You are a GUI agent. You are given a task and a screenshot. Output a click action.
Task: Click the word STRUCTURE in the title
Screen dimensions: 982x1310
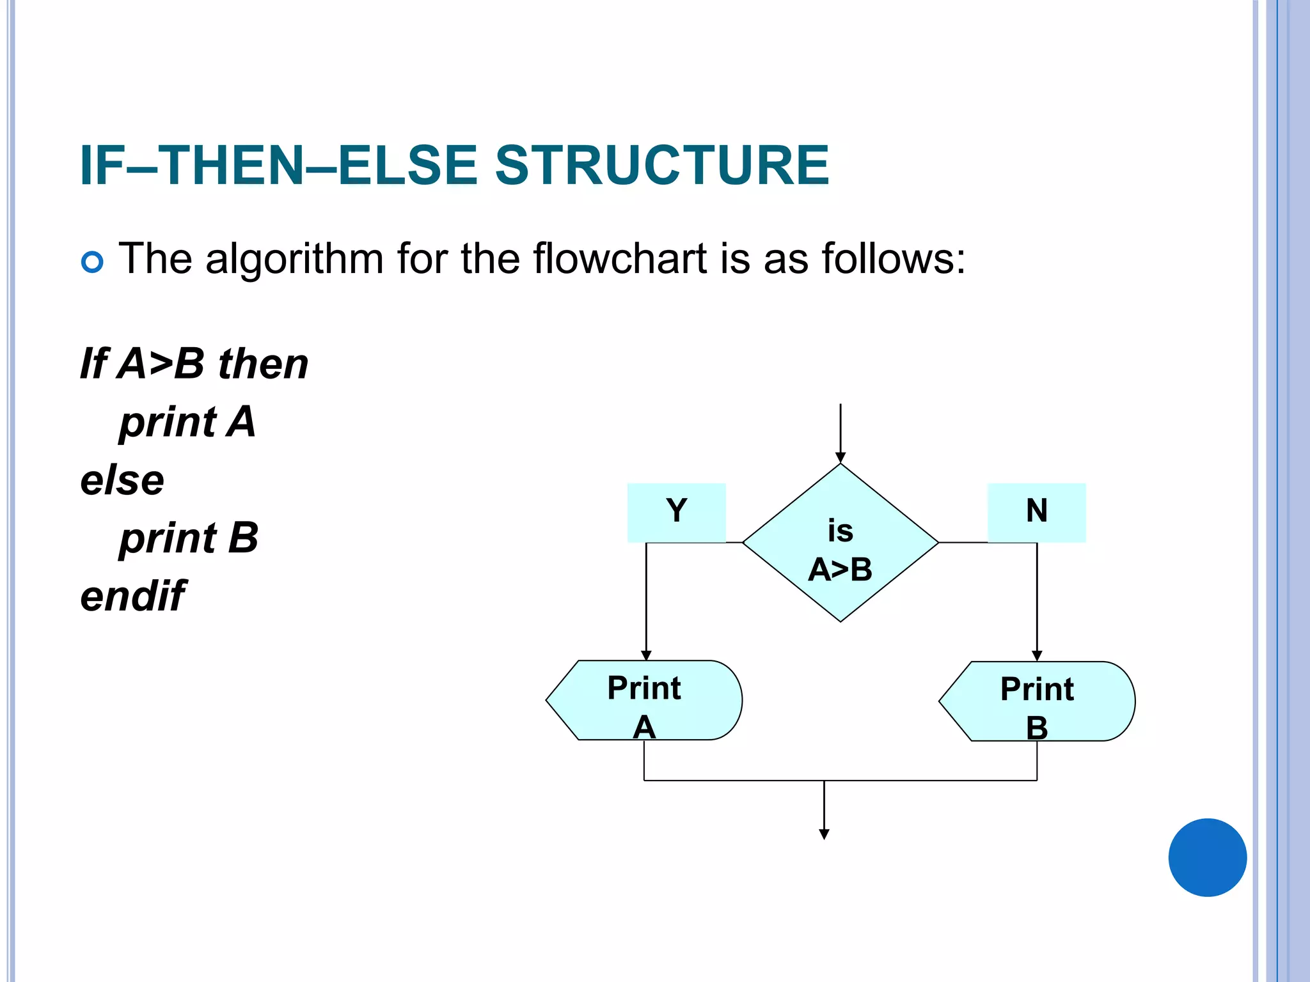[x=662, y=165]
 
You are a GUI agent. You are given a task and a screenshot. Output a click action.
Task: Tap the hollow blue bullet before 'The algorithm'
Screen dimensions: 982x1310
[x=93, y=262]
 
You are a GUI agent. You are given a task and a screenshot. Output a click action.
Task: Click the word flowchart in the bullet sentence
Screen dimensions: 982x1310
[x=619, y=259]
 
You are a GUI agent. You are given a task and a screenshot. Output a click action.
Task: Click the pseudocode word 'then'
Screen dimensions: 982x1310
[x=263, y=364]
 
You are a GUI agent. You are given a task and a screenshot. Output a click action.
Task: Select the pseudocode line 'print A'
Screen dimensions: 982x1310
[x=187, y=423]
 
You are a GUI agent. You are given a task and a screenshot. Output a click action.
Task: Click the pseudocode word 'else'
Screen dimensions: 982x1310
[x=122, y=480]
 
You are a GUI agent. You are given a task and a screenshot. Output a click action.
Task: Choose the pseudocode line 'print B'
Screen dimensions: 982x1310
[x=189, y=538]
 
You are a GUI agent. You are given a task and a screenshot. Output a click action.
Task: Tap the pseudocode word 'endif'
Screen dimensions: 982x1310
[x=133, y=596]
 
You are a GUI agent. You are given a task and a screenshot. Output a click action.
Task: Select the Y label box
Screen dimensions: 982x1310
[x=676, y=512]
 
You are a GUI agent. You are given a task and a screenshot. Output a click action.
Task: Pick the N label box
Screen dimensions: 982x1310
[x=1036, y=512]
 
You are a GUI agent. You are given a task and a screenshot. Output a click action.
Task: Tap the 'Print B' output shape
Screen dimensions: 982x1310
[x=1037, y=701]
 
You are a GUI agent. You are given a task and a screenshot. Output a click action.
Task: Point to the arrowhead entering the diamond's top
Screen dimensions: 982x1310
[x=840, y=458]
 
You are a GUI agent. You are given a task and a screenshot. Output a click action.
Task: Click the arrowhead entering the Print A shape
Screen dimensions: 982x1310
[x=646, y=655]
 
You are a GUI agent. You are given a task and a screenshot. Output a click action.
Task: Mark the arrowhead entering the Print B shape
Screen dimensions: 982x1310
[x=1037, y=656]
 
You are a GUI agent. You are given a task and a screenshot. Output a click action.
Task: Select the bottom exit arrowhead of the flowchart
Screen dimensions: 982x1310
[x=824, y=834]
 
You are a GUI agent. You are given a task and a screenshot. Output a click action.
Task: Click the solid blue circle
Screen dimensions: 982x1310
[x=1207, y=857]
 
